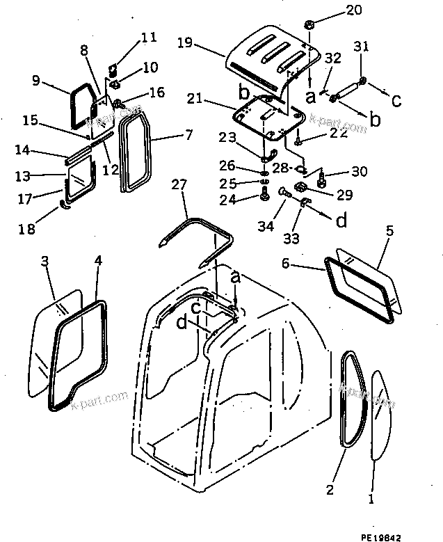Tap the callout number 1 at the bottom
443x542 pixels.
click(372, 498)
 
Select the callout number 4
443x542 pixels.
click(97, 262)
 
